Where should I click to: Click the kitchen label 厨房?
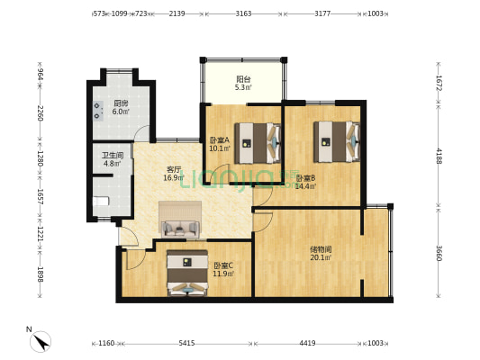point(121,103)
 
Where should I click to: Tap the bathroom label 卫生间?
point(113,156)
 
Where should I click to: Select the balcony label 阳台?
point(243,79)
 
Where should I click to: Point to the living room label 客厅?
point(174,169)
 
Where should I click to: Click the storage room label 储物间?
point(321,249)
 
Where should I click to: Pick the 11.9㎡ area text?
point(223,274)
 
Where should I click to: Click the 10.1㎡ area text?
point(220,148)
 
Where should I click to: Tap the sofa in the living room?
point(180,229)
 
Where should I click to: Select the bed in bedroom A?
point(258,143)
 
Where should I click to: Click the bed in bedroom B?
point(337,141)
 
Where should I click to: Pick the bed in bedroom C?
point(187,273)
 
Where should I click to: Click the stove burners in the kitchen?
point(98,111)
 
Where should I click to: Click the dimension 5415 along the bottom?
point(186,343)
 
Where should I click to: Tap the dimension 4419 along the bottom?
point(307,343)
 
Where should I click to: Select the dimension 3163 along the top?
point(243,13)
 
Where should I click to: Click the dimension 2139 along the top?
point(177,13)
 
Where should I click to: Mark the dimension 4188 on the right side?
point(439,156)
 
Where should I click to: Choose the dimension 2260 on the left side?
point(41,112)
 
